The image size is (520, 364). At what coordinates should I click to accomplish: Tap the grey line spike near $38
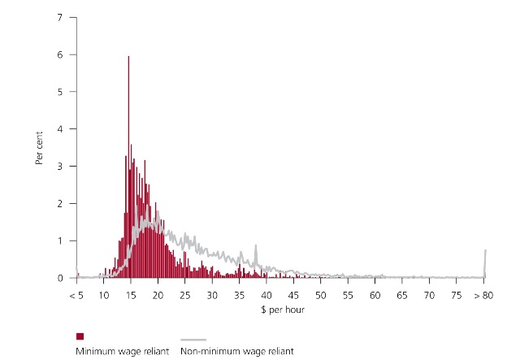point(256,249)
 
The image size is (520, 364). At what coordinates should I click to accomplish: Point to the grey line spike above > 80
point(485,253)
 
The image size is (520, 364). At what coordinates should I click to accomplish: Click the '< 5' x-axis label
point(76,295)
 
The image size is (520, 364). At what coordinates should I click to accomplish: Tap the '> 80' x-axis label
point(484,295)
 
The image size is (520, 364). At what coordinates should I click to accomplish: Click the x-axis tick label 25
point(185,295)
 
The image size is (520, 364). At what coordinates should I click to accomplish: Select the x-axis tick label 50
point(321,295)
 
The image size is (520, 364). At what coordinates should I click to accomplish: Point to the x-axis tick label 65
point(403,295)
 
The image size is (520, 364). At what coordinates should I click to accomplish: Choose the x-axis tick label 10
point(104,295)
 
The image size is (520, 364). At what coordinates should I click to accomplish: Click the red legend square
point(80,336)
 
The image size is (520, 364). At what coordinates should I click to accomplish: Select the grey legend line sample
point(192,340)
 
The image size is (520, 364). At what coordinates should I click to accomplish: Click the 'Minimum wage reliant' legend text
point(122,351)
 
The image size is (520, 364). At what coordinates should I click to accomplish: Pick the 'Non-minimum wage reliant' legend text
point(236,351)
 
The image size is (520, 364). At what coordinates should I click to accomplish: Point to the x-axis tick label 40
point(266,295)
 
